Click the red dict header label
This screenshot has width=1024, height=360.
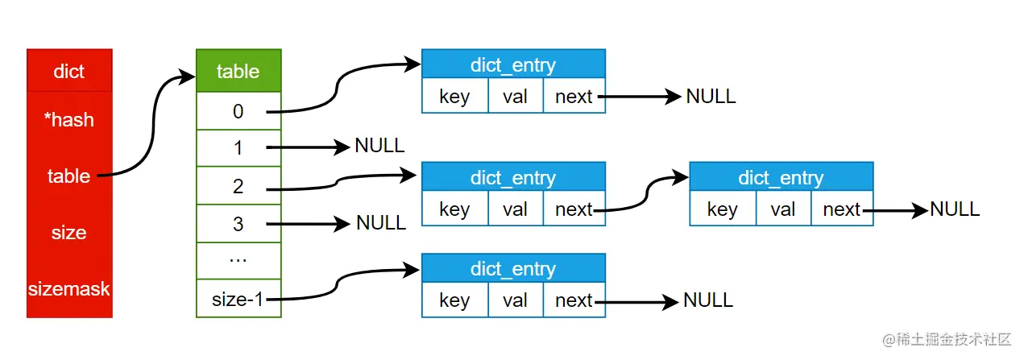(69, 72)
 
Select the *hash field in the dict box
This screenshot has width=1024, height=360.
(69, 120)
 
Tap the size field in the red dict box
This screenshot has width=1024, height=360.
(69, 233)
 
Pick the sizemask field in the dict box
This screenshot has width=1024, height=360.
(69, 288)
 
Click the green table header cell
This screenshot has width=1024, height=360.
(238, 71)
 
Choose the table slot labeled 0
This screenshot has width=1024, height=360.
(238, 111)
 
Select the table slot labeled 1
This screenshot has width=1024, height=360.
(238, 148)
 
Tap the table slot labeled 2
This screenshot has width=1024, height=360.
(238, 186)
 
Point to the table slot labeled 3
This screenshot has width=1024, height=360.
(238, 224)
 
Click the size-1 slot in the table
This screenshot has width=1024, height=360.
(238, 300)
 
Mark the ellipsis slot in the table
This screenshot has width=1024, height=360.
(238, 261)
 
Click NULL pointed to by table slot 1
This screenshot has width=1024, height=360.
(379, 146)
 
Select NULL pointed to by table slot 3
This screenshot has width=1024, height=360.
(381, 223)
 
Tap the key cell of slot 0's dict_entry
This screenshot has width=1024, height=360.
(454, 97)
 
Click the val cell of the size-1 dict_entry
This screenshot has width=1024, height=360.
(515, 300)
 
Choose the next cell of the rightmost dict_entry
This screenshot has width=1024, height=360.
(841, 209)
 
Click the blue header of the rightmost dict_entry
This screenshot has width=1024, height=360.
(781, 177)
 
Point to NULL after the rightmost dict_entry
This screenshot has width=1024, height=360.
(955, 209)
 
